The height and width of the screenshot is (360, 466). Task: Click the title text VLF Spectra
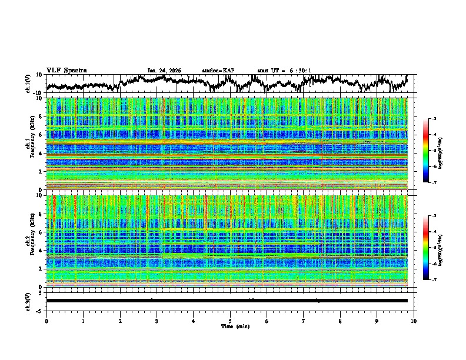(66, 70)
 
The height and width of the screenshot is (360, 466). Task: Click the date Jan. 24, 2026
(164, 71)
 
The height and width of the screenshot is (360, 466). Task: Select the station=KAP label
(218, 71)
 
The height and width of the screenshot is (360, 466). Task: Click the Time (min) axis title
(230, 326)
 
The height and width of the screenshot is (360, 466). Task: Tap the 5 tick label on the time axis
(230, 321)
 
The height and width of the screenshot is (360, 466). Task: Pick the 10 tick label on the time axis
(414, 321)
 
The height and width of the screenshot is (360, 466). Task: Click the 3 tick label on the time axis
(157, 321)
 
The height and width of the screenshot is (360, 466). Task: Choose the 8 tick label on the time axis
(340, 321)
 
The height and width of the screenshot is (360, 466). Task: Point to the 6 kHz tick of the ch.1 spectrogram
(41, 135)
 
